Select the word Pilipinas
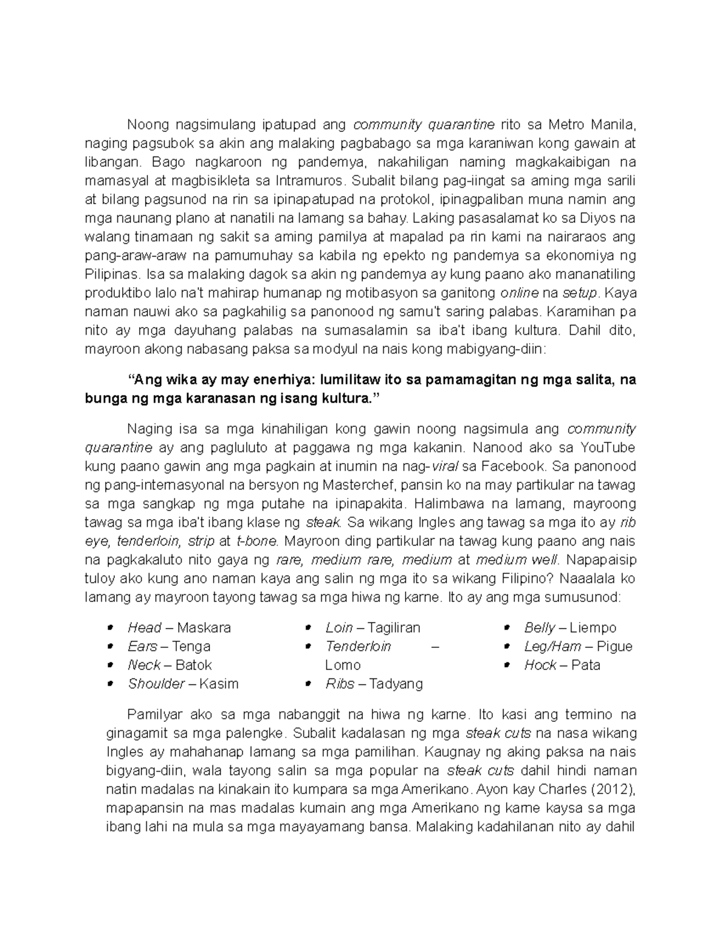click(x=112, y=274)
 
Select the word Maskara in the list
click(x=204, y=628)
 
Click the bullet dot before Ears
click(x=110, y=647)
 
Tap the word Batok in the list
click(x=194, y=665)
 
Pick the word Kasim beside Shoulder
click(x=219, y=684)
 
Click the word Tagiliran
click(x=393, y=628)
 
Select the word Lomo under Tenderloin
click(x=343, y=665)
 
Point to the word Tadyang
click(x=396, y=684)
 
